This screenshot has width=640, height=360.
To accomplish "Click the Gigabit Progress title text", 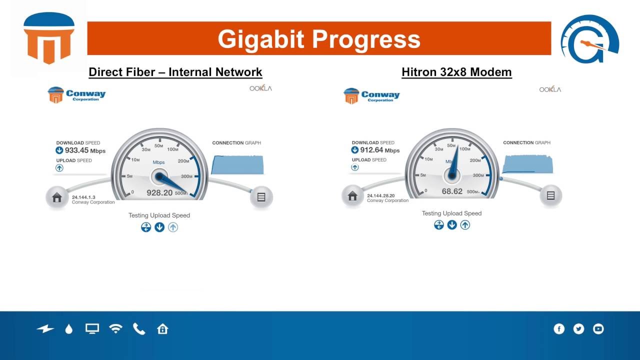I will pos(319,39).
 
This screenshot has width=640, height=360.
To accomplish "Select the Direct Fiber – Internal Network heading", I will pos(175,72).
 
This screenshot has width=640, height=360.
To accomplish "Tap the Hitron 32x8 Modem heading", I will pos(456,72).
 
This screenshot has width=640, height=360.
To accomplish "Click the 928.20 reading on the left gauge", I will pos(159,192).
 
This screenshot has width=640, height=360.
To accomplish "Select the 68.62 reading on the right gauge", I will pos(452,191).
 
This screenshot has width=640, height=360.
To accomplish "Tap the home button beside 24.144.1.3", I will pos(56,197).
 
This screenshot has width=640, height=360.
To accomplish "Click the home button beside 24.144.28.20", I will pos(352,196).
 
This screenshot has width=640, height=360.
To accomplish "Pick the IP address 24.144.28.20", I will pos(380,195).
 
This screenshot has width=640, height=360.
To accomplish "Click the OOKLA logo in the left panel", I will pos(260,88).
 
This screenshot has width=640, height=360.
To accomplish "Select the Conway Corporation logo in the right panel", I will pos(371,95).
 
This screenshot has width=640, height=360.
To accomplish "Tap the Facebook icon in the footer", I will pos(559,328).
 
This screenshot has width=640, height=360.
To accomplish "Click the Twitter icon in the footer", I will pos(578,328).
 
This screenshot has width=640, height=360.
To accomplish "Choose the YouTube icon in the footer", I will pos(598,328).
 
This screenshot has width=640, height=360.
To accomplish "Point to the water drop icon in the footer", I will pos(69,328).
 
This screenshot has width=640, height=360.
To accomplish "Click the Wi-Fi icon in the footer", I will pos(115,328).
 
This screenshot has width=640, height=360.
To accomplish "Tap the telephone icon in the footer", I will pos(139,328).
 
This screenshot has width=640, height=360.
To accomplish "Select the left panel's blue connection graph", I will pos(238,164).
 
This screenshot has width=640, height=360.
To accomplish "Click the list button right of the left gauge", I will pos(261,197).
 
